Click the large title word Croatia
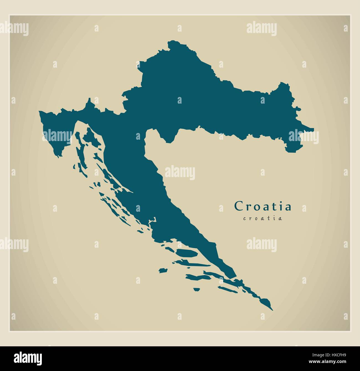pyautogui.click(x=263, y=206)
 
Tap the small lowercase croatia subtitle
pyautogui.click(x=263, y=218)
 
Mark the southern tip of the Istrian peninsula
pyautogui.click(x=58, y=157)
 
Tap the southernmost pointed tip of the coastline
pyautogui.click(x=272, y=310)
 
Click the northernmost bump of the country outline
pyautogui.click(x=172, y=41)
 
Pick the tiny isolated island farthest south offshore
pyautogui.click(x=197, y=290)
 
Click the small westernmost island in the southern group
pyautogui.click(x=163, y=270)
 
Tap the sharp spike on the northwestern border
pyautogui.click(x=89, y=99)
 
